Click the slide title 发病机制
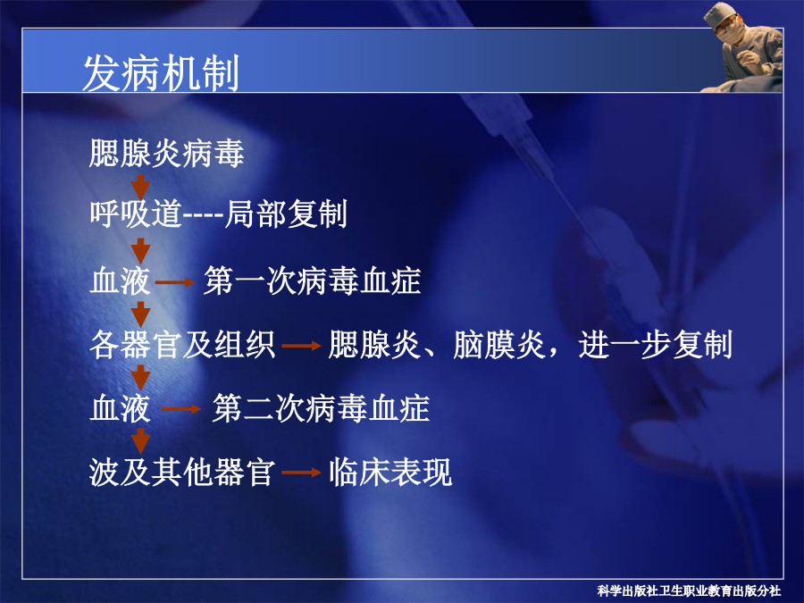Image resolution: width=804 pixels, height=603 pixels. click(161, 73)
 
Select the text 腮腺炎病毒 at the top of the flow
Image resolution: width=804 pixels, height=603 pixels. click(166, 153)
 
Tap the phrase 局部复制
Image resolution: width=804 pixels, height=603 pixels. click(286, 214)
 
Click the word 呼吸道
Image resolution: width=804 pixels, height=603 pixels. click(136, 214)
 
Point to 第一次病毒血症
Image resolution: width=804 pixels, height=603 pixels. click(313, 281)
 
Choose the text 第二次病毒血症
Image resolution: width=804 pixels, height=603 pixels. click(321, 408)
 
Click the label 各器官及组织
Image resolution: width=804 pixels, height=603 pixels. click(182, 345)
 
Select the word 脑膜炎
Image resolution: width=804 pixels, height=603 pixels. click(499, 345)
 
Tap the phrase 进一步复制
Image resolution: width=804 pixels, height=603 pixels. click(656, 345)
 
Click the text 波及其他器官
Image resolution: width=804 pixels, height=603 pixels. click(182, 472)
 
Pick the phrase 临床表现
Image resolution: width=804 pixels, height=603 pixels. click(390, 472)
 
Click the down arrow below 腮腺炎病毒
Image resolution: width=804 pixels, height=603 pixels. click(140, 186)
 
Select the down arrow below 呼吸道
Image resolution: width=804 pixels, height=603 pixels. click(140, 251)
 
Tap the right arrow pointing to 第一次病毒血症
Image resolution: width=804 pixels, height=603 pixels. click(175, 282)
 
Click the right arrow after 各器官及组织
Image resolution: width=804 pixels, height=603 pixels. click(302, 346)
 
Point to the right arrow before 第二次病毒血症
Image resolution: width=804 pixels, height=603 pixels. click(181, 408)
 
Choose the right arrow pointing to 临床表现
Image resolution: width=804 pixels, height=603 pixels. click(302, 473)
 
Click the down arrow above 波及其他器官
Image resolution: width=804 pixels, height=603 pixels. click(140, 441)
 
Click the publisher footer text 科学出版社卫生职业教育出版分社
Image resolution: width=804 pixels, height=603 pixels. click(689, 591)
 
